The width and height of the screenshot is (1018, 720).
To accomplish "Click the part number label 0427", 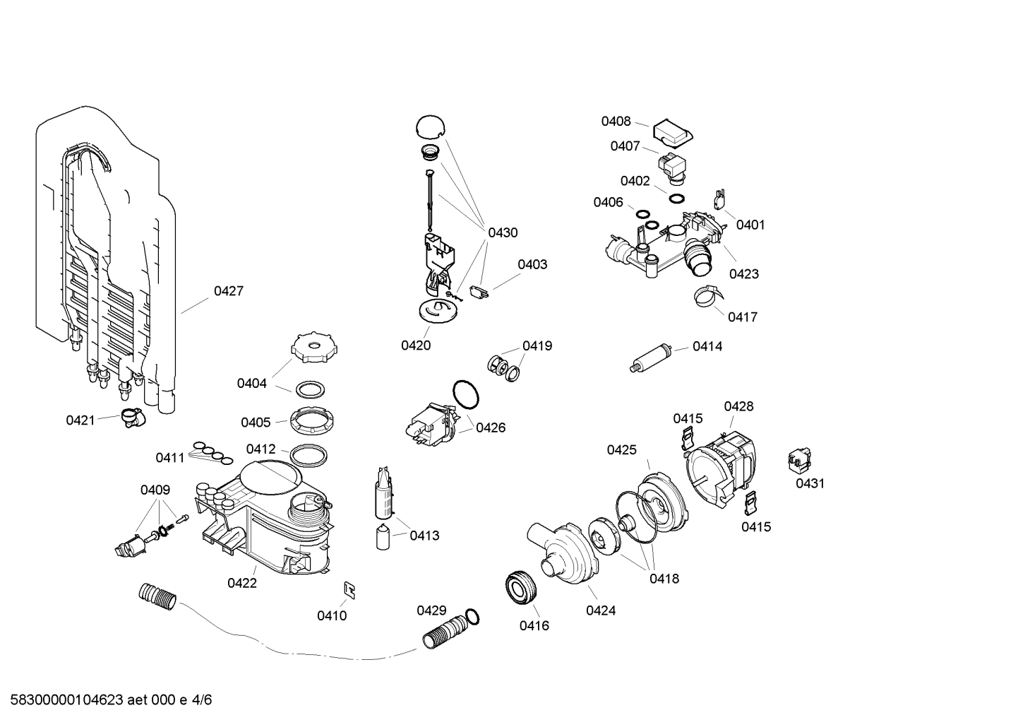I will (229, 291).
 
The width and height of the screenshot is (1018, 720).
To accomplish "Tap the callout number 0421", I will (80, 420).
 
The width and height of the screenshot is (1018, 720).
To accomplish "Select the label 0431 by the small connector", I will (810, 483).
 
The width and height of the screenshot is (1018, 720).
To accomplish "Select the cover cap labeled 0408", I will (672, 131).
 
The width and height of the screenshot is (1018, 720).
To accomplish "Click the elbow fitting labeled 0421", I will (131, 418).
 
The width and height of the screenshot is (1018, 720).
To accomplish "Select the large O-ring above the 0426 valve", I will (465, 394).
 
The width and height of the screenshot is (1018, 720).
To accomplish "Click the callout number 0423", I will (744, 274).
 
